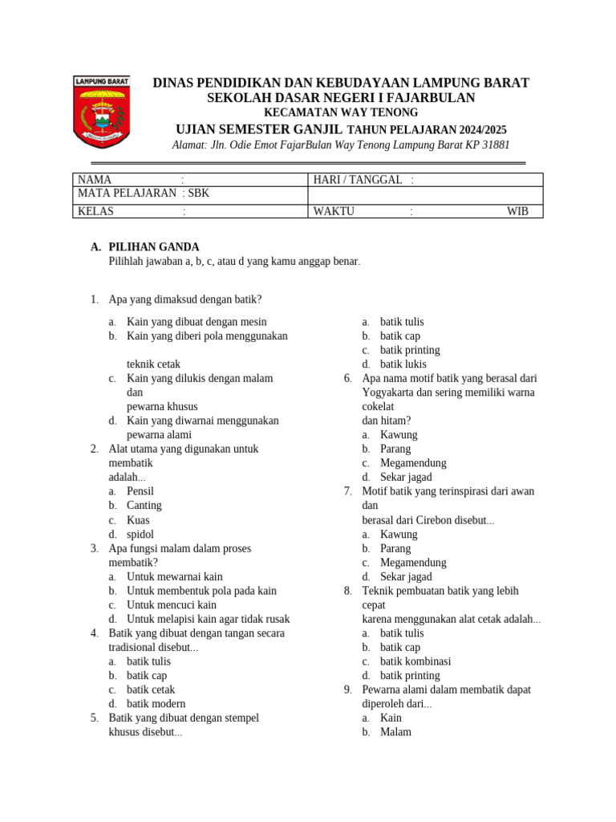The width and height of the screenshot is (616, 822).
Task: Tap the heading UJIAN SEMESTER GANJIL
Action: (x=259, y=129)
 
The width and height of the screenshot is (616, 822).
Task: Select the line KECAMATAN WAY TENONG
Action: (x=341, y=113)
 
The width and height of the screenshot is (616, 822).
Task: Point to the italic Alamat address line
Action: (x=341, y=145)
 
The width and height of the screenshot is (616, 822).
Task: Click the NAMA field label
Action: (x=95, y=180)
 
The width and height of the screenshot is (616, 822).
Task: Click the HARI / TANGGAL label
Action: (x=358, y=180)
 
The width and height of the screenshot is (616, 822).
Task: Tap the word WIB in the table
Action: (x=517, y=212)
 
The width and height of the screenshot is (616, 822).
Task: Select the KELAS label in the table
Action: (x=95, y=212)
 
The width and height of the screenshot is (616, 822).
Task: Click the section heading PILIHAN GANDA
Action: (x=154, y=247)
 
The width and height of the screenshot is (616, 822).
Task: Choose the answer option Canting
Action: (x=144, y=506)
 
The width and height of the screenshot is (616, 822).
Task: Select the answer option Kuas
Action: (x=139, y=520)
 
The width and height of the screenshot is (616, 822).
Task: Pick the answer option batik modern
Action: (x=156, y=704)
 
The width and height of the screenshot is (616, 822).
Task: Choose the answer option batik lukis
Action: (x=400, y=364)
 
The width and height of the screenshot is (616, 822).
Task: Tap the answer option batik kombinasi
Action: (x=415, y=661)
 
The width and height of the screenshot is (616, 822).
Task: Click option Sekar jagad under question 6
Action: (x=406, y=477)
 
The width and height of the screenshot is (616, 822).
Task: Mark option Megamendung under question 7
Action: (x=413, y=563)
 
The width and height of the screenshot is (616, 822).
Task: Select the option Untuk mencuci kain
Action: (x=172, y=604)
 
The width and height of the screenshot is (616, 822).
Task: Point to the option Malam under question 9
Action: (x=395, y=732)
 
